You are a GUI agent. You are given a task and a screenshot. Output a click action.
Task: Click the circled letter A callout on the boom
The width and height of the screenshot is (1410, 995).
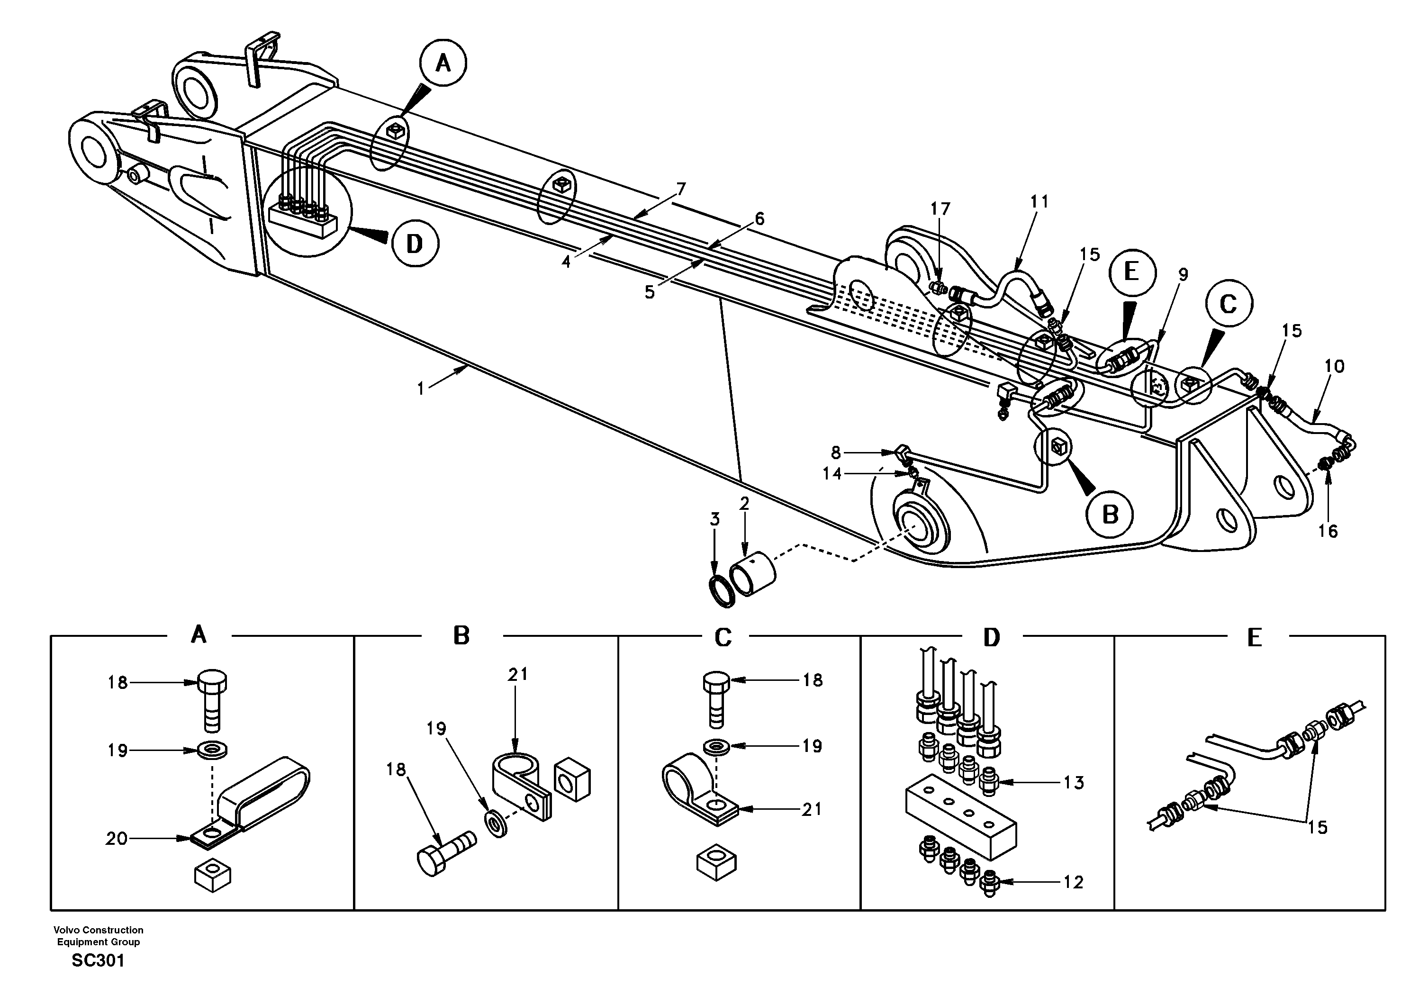pyautogui.click(x=443, y=63)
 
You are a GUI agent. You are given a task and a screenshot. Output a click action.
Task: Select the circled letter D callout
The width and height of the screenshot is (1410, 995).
pyautogui.click(x=415, y=244)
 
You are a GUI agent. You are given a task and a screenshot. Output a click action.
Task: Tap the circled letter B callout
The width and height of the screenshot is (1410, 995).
pyautogui.click(x=1110, y=514)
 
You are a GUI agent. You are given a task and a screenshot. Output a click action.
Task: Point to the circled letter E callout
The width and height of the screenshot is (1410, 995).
pyautogui.click(x=1132, y=271)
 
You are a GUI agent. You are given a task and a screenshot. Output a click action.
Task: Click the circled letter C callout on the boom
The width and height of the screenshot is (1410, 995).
pyautogui.click(x=1228, y=304)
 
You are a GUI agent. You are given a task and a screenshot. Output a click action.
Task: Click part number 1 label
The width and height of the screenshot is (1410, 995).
pyautogui.click(x=421, y=389)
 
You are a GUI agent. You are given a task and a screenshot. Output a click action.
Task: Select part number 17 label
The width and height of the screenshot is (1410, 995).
pyautogui.click(x=940, y=209)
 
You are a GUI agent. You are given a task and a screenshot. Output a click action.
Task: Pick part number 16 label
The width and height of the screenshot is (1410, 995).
pyautogui.click(x=1328, y=531)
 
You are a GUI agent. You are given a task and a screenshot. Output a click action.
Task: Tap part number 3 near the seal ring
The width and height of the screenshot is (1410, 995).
pyautogui.click(x=715, y=520)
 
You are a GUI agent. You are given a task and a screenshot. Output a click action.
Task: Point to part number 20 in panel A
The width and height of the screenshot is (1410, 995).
pyautogui.click(x=116, y=838)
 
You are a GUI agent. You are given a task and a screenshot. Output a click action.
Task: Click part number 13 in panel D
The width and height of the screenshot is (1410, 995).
pyautogui.click(x=1074, y=782)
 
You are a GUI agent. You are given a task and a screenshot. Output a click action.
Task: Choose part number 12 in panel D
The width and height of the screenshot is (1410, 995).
pyautogui.click(x=1074, y=882)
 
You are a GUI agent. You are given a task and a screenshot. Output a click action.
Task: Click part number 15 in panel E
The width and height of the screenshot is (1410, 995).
pyautogui.click(x=1317, y=827)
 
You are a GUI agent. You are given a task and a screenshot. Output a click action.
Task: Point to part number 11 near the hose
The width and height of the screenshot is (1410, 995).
pyautogui.click(x=1039, y=201)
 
